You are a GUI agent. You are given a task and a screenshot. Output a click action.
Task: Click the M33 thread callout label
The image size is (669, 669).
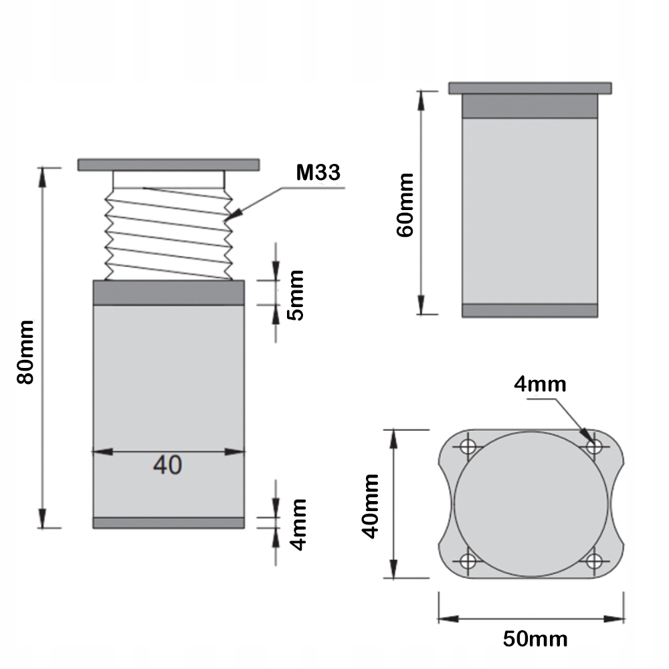click(x=318, y=173)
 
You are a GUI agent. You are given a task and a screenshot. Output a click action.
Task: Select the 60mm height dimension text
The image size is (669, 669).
click(x=405, y=205)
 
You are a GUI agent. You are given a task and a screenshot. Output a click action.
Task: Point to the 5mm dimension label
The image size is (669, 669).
click(x=295, y=295)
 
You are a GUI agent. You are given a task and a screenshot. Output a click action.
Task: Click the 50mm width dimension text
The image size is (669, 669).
click(x=535, y=638)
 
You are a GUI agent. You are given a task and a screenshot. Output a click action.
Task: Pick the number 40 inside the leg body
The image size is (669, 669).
click(x=167, y=464)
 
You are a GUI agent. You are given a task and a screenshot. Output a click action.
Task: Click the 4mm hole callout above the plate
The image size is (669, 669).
click(x=541, y=384)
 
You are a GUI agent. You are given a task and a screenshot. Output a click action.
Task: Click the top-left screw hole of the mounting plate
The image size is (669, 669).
click(x=468, y=445)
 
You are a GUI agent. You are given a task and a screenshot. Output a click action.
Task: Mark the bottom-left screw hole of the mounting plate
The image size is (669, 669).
click(x=468, y=560)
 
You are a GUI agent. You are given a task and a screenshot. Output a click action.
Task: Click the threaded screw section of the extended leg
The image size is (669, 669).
click(x=168, y=234)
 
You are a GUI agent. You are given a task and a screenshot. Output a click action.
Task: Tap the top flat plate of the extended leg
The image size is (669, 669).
click(x=168, y=164)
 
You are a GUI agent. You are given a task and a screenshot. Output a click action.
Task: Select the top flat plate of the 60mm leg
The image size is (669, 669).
click(x=529, y=88)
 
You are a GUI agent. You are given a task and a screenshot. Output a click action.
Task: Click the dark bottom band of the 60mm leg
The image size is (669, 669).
click(x=529, y=310)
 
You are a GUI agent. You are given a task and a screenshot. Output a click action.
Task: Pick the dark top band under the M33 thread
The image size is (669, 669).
click(x=168, y=292)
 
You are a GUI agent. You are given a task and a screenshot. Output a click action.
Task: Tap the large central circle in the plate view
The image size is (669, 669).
click(x=531, y=502)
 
